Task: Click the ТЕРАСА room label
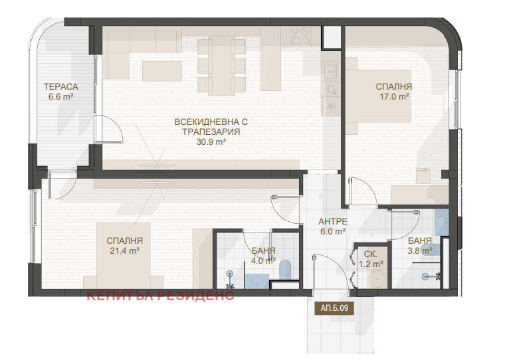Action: (x=61, y=86)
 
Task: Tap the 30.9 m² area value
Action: (x=211, y=141)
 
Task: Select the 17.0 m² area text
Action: (x=394, y=96)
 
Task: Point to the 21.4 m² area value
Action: (x=124, y=250)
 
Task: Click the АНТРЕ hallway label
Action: (x=333, y=222)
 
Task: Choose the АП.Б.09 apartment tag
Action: (x=334, y=308)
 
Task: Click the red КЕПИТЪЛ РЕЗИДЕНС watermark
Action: (x=160, y=296)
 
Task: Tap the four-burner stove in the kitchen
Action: (x=301, y=35)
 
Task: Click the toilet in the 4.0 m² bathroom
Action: (x=285, y=270)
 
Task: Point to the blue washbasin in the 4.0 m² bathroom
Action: (x=257, y=281)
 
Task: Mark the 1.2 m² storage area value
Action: (x=371, y=264)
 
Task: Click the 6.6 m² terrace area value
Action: (x=61, y=96)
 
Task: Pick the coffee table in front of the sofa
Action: (x=162, y=71)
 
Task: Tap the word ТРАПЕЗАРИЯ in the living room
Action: (x=211, y=132)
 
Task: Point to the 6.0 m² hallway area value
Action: (x=333, y=231)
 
